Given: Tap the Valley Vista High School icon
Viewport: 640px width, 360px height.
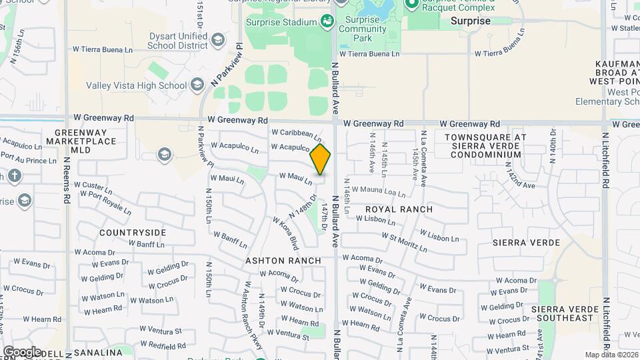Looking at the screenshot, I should [197, 85].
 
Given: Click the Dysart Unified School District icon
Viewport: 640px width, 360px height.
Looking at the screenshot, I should [217, 41].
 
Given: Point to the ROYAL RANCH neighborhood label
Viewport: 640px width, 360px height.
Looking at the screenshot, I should [399, 209].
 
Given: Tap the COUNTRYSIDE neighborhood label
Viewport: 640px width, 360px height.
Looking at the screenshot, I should [133, 233].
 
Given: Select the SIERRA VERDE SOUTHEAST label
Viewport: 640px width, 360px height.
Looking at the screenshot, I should [563, 314].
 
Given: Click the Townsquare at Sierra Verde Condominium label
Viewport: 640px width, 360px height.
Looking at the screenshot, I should [485, 145].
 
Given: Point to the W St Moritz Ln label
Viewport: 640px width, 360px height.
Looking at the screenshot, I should [403, 242].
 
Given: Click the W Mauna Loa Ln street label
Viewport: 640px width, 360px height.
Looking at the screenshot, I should [379, 193].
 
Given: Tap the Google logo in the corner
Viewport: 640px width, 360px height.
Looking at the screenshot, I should [22, 352].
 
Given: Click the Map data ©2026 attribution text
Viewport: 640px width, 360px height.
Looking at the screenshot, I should [611, 355].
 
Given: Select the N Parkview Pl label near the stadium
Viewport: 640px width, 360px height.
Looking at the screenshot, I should [227, 65].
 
